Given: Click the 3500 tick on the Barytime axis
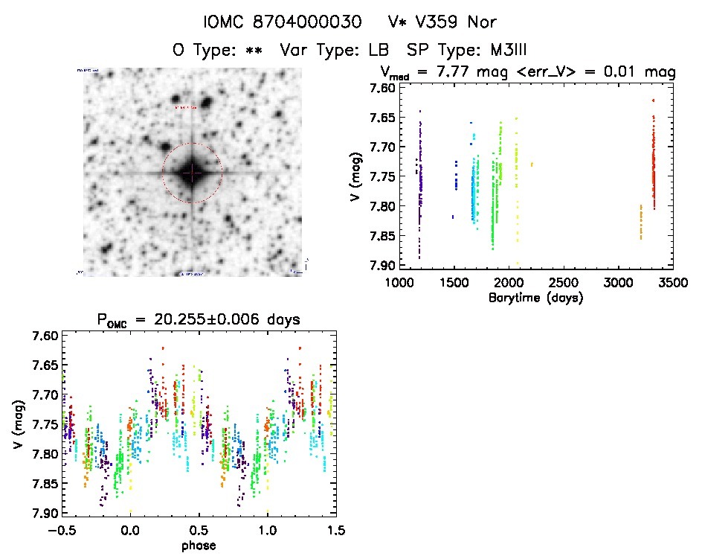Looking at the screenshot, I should [673, 284].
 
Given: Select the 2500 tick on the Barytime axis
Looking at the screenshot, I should [564, 284].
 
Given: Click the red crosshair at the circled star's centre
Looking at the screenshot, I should [192, 173].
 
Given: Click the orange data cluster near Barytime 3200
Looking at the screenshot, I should [640, 222].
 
